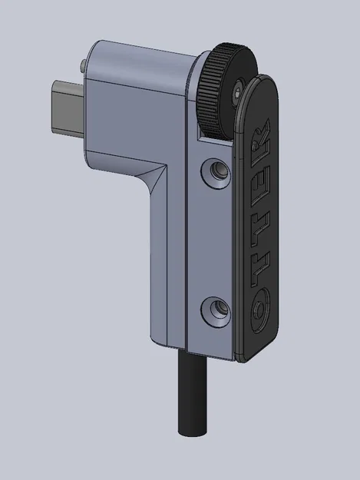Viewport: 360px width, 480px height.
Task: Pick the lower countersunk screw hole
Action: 213,310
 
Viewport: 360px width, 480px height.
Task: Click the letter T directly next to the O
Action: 260,265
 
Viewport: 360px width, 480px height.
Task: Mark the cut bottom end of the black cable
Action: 193,432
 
